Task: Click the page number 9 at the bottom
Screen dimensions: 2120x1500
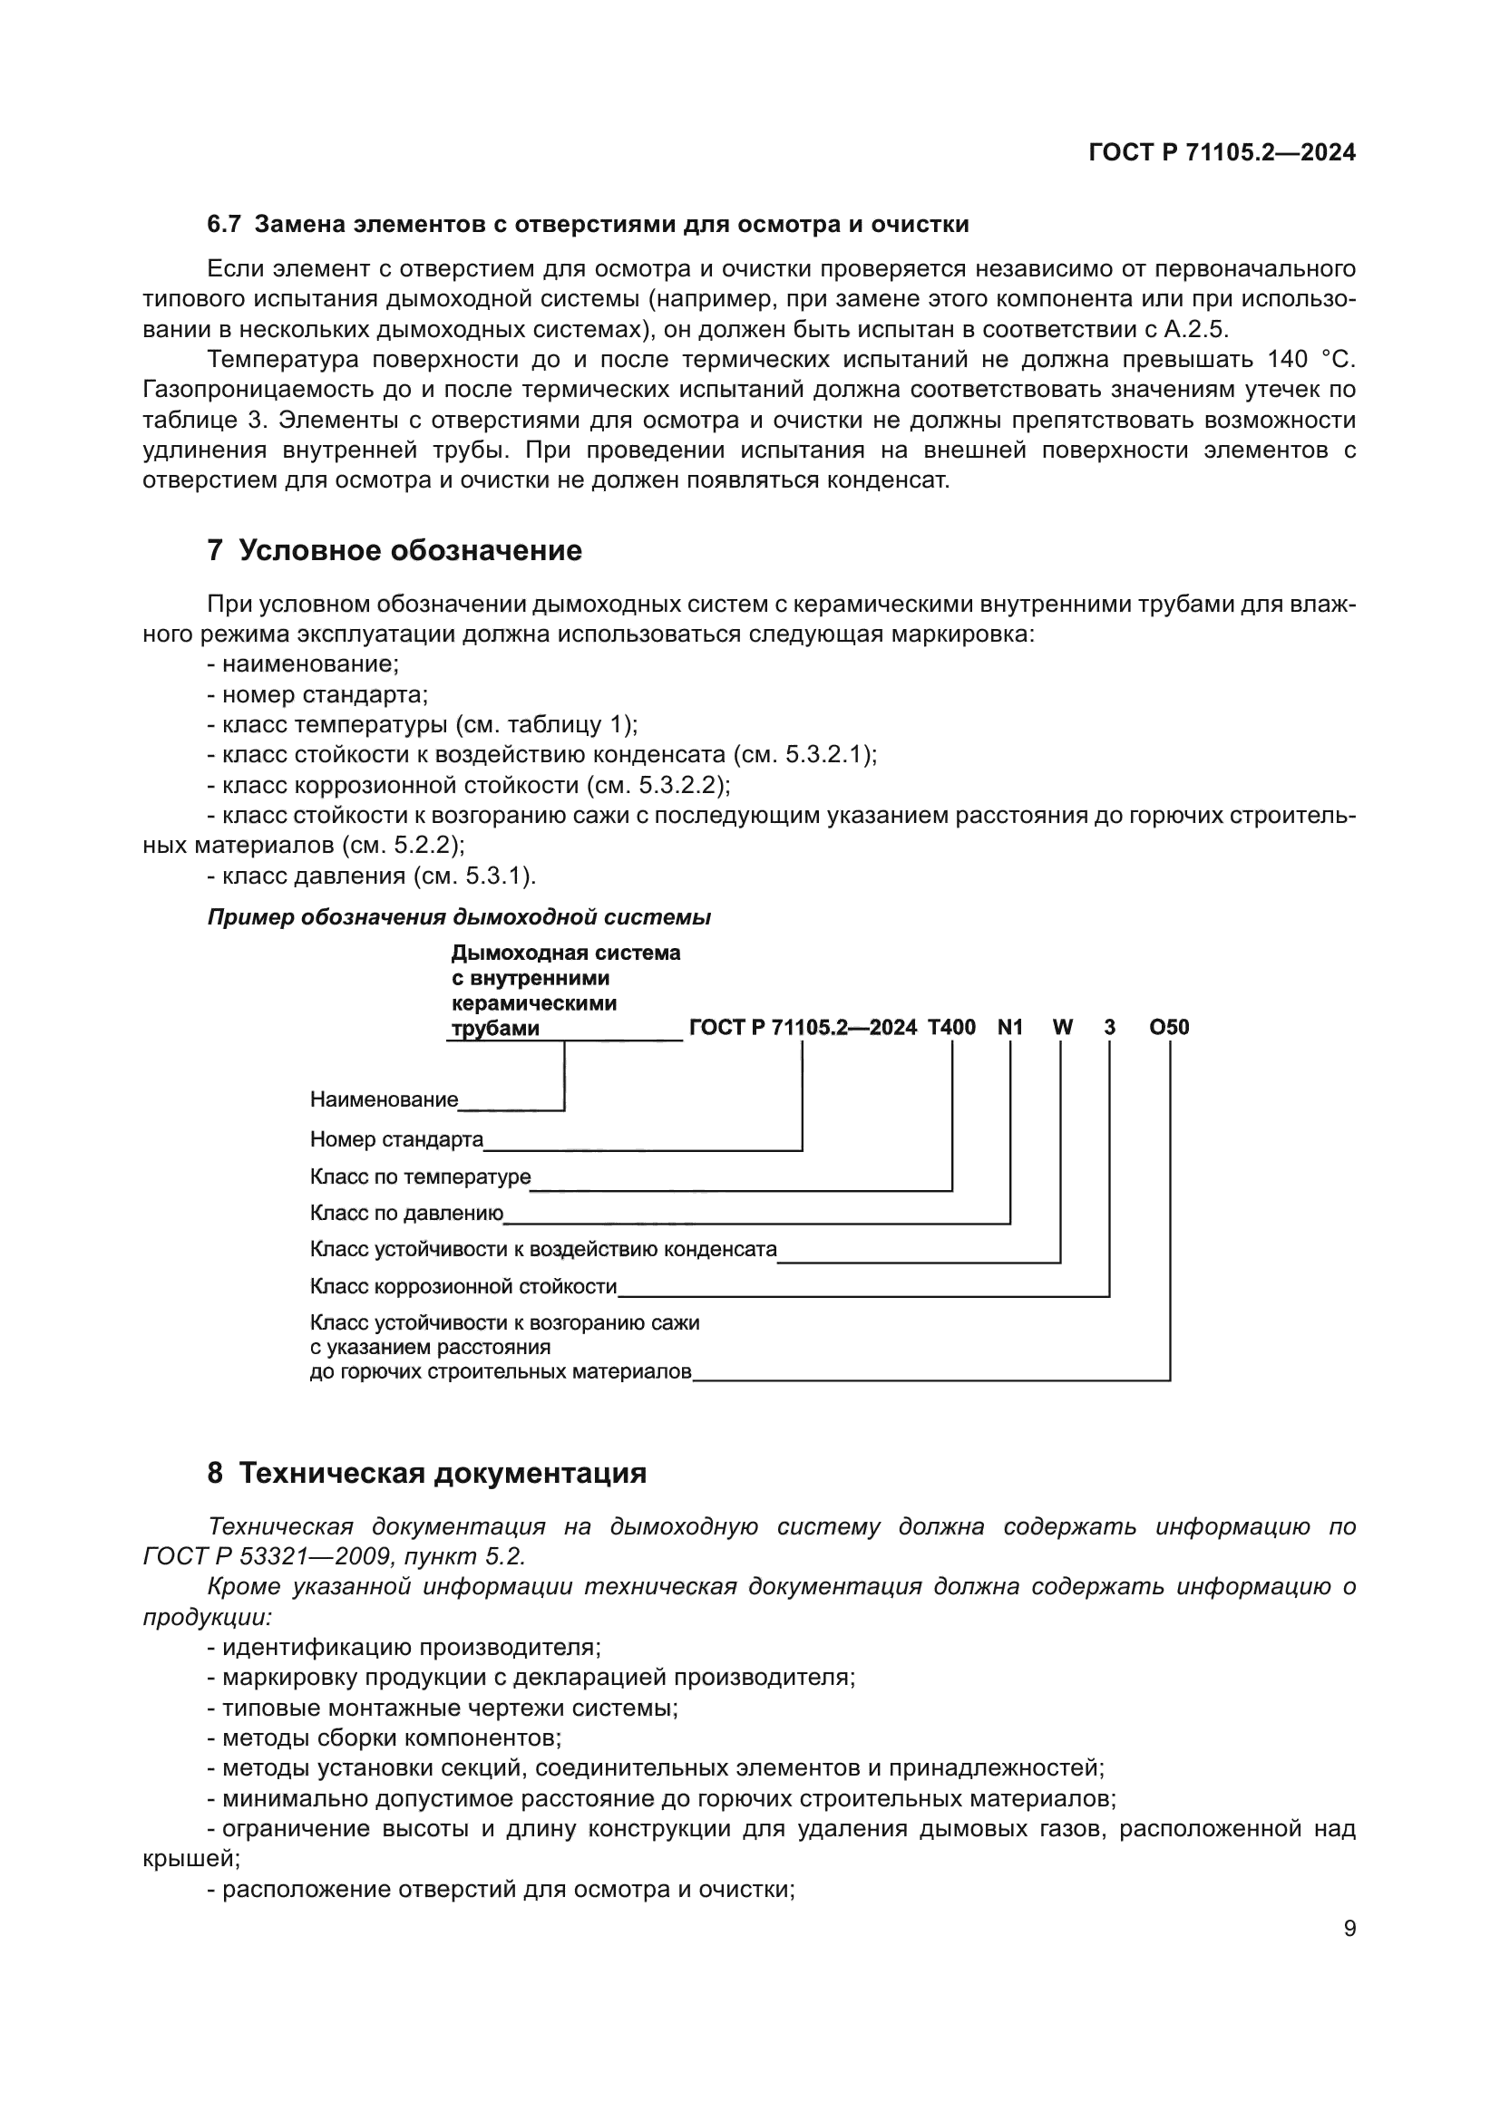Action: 1349,1929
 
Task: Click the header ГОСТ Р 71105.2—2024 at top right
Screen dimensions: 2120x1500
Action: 1222,153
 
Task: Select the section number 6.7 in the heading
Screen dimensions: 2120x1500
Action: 223,225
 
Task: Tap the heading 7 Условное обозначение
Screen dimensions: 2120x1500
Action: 394,550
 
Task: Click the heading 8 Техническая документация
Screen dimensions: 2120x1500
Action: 427,1473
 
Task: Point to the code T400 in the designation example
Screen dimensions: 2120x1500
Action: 951,1027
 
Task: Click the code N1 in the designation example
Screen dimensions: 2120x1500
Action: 1010,1027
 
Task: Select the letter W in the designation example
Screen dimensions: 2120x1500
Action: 1062,1027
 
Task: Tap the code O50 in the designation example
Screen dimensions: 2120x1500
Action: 1169,1027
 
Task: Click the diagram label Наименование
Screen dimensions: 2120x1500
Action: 385,1099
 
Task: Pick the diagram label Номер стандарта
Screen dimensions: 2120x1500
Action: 397,1139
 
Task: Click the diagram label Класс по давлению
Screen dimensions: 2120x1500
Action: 406,1214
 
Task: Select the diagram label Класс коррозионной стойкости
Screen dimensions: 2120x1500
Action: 463,1286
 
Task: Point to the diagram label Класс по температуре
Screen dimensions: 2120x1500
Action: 420,1177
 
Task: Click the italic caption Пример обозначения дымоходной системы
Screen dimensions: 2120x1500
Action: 459,917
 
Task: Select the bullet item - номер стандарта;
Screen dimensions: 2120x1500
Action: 317,694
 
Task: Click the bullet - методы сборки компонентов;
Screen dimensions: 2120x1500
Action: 385,1738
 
